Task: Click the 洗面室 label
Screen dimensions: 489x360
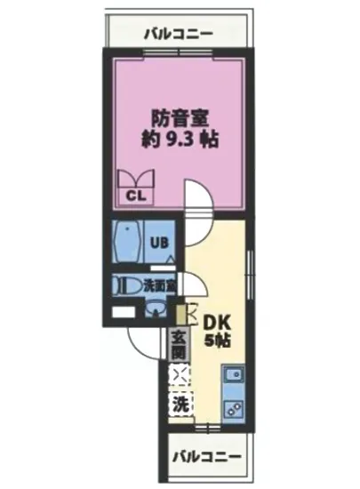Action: [159, 286]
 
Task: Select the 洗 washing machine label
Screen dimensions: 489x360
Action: [180, 403]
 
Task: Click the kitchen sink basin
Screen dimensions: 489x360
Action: [235, 377]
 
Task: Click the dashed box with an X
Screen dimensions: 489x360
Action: [180, 374]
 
